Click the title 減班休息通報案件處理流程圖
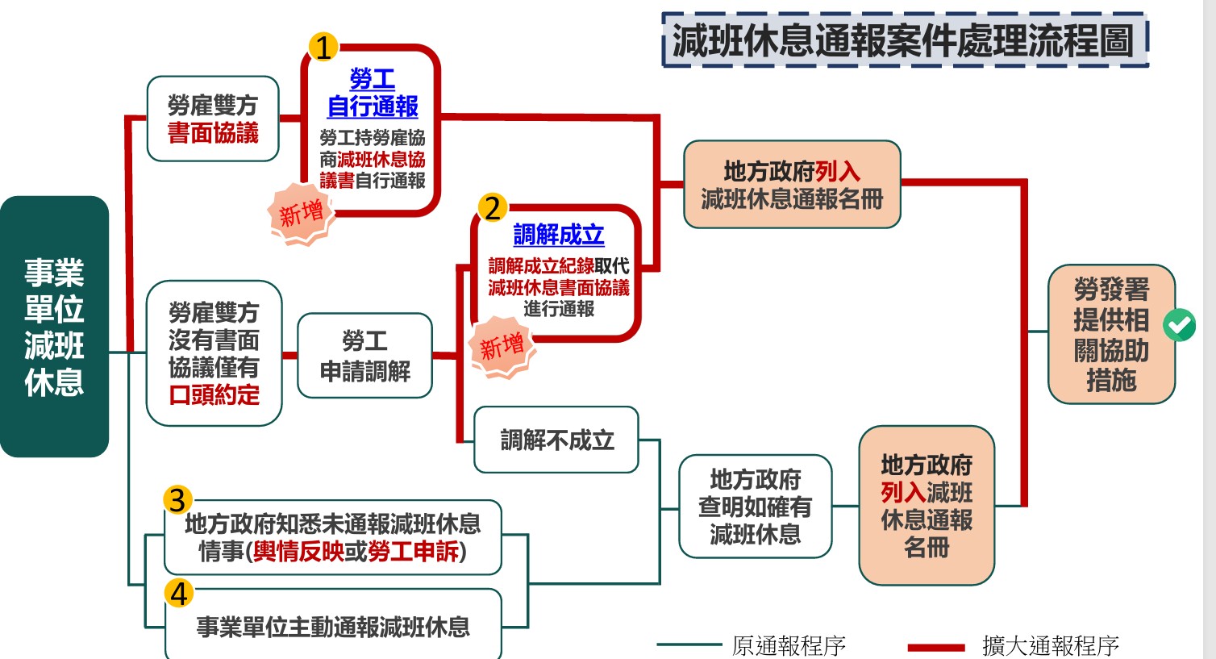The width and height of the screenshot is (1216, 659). tap(904, 40)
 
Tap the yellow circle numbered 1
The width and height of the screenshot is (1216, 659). tap(323, 48)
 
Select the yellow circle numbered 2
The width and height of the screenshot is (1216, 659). tap(492, 208)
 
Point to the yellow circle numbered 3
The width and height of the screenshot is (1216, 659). tap(177, 500)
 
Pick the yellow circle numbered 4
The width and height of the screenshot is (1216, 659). tap(178, 594)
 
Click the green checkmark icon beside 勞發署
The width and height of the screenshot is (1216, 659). tap(1179, 325)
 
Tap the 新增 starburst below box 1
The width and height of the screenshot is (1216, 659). tap(301, 214)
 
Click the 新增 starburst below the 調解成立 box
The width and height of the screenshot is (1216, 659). tap(502, 348)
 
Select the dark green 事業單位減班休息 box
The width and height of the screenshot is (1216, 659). tap(54, 327)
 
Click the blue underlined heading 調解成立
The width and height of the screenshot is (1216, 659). tap(558, 235)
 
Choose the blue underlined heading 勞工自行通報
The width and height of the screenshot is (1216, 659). tap(373, 93)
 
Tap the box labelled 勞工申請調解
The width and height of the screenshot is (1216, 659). tap(364, 356)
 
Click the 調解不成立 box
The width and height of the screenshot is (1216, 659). tap(556, 440)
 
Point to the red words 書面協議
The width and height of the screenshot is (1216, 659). tap(213, 133)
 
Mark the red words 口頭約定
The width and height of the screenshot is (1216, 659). tap(214, 395)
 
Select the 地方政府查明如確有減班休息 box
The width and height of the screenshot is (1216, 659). tap(755, 507)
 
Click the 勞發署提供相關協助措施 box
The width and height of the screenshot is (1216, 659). tap(1110, 334)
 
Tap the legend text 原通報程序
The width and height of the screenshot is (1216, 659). tap(789, 646)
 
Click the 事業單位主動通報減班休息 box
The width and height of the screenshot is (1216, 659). tap(333, 627)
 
